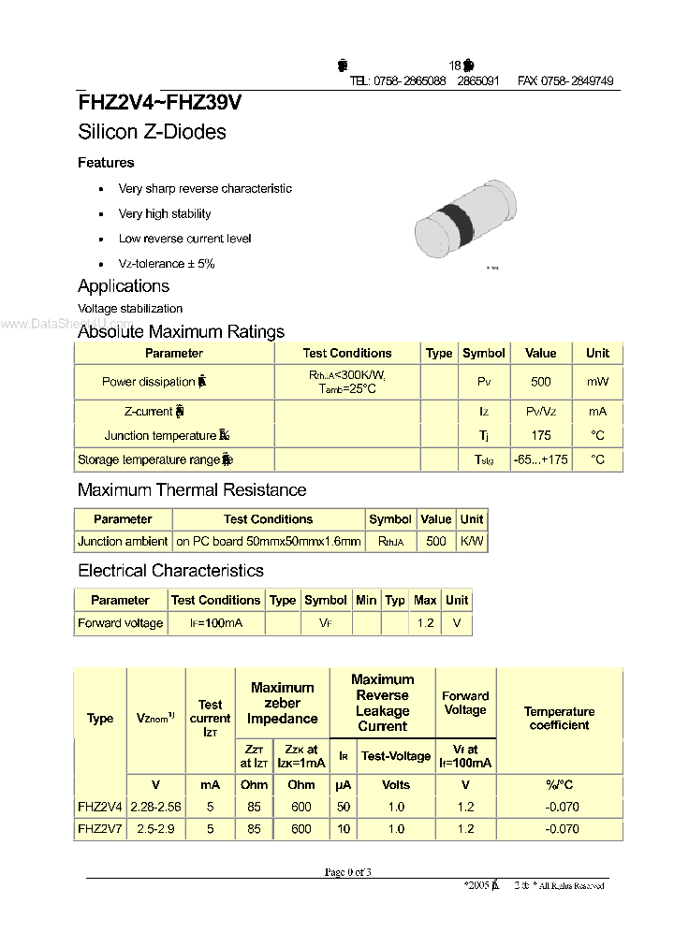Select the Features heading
(x=106, y=163)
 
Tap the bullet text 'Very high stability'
(x=165, y=213)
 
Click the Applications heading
(x=124, y=286)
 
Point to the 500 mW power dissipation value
(x=540, y=382)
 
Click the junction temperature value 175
(x=540, y=435)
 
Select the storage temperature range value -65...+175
(x=540, y=459)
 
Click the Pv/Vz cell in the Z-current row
(x=540, y=411)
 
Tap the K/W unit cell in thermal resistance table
(x=472, y=541)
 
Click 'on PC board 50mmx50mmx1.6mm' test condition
(x=268, y=541)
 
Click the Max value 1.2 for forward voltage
(x=425, y=623)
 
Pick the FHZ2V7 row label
(x=99, y=828)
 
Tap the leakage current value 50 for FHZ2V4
(x=344, y=806)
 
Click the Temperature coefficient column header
(x=559, y=718)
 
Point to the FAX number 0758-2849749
(x=565, y=81)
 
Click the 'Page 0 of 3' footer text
(x=348, y=872)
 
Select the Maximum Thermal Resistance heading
(x=192, y=489)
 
